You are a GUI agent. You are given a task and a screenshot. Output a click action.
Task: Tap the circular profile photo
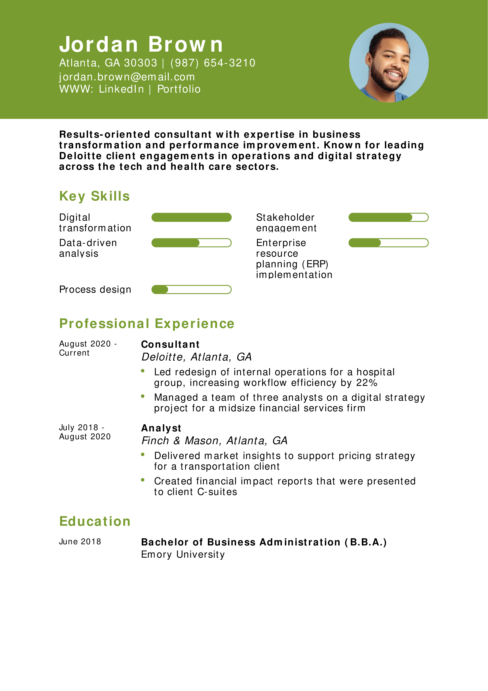[389, 63]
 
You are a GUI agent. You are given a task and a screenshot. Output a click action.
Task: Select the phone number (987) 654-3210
[213, 63]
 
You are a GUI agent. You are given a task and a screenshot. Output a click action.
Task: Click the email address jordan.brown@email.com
[127, 77]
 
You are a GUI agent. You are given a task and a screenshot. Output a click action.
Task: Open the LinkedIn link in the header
[121, 89]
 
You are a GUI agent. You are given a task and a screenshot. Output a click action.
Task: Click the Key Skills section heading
[94, 196]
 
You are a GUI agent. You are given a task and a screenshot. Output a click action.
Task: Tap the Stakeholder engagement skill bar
[388, 217]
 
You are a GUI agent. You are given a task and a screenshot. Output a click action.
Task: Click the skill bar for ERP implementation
[388, 243]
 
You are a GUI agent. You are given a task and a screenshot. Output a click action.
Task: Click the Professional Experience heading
[147, 323]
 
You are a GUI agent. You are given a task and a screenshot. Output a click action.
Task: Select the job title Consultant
[170, 344]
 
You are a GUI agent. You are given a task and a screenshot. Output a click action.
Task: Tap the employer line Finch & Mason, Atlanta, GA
[214, 441]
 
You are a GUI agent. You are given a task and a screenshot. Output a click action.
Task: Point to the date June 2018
[80, 542]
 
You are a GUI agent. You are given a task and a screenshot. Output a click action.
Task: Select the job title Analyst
[161, 428]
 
